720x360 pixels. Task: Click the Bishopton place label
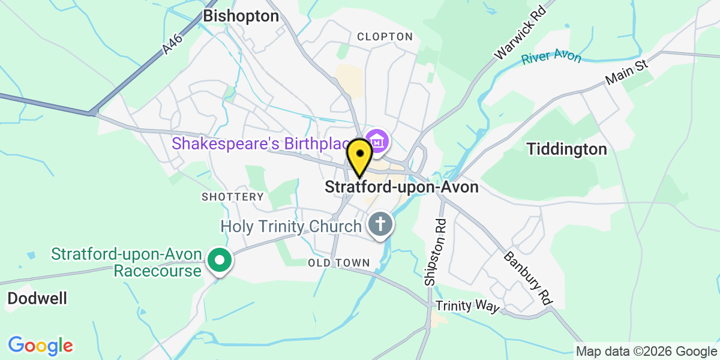[241, 16]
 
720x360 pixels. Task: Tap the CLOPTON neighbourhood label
[385, 37]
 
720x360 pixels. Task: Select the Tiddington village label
[567, 149]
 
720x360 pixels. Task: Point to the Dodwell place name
[37, 298]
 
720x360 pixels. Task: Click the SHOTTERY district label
[233, 197]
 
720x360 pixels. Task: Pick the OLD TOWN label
[339, 263]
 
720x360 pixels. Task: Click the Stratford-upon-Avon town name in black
[401, 187]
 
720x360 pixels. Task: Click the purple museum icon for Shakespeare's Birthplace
[378, 142]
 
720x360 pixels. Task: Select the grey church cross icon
[380, 225]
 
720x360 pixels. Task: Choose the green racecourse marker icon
[219, 261]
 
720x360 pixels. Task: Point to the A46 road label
[173, 45]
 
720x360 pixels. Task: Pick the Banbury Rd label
[527, 278]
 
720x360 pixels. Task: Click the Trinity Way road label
[467, 307]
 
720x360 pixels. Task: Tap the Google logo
[40, 346]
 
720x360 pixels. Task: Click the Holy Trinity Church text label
[291, 226]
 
